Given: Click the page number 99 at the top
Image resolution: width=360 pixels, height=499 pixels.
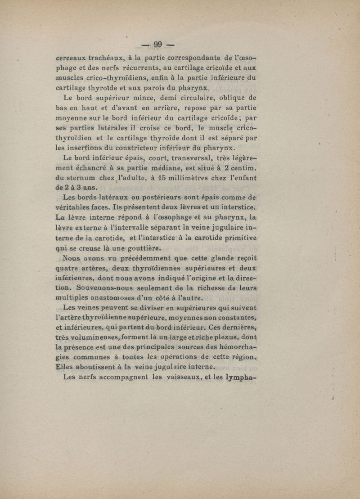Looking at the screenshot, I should pyautogui.click(x=157, y=45).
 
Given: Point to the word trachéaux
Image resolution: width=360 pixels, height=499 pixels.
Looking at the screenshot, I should pyautogui.click(x=105, y=58).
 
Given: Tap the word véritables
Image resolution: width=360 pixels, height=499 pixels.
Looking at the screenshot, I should pyautogui.click(x=74, y=207).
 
